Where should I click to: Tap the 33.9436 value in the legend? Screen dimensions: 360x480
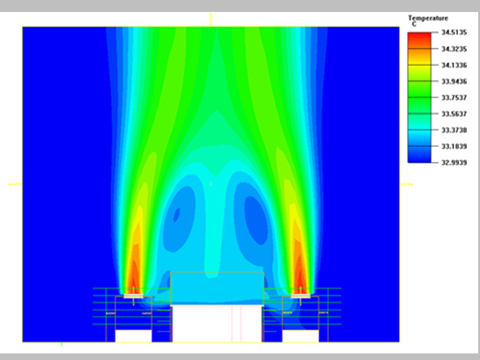tap(449, 81)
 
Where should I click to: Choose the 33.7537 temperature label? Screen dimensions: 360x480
tap(449, 97)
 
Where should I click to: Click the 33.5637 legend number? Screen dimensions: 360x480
tap(449, 113)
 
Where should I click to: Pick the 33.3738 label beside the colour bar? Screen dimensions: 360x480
tap(449, 130)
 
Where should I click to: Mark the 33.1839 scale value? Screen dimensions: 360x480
tap(449, 146)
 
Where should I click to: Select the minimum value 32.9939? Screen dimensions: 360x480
tap(449, 162)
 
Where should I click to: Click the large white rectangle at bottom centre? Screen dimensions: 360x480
tap(217, 324)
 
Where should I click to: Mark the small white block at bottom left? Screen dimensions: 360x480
tap(133, 336)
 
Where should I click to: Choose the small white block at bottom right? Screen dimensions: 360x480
tap(300, 336)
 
